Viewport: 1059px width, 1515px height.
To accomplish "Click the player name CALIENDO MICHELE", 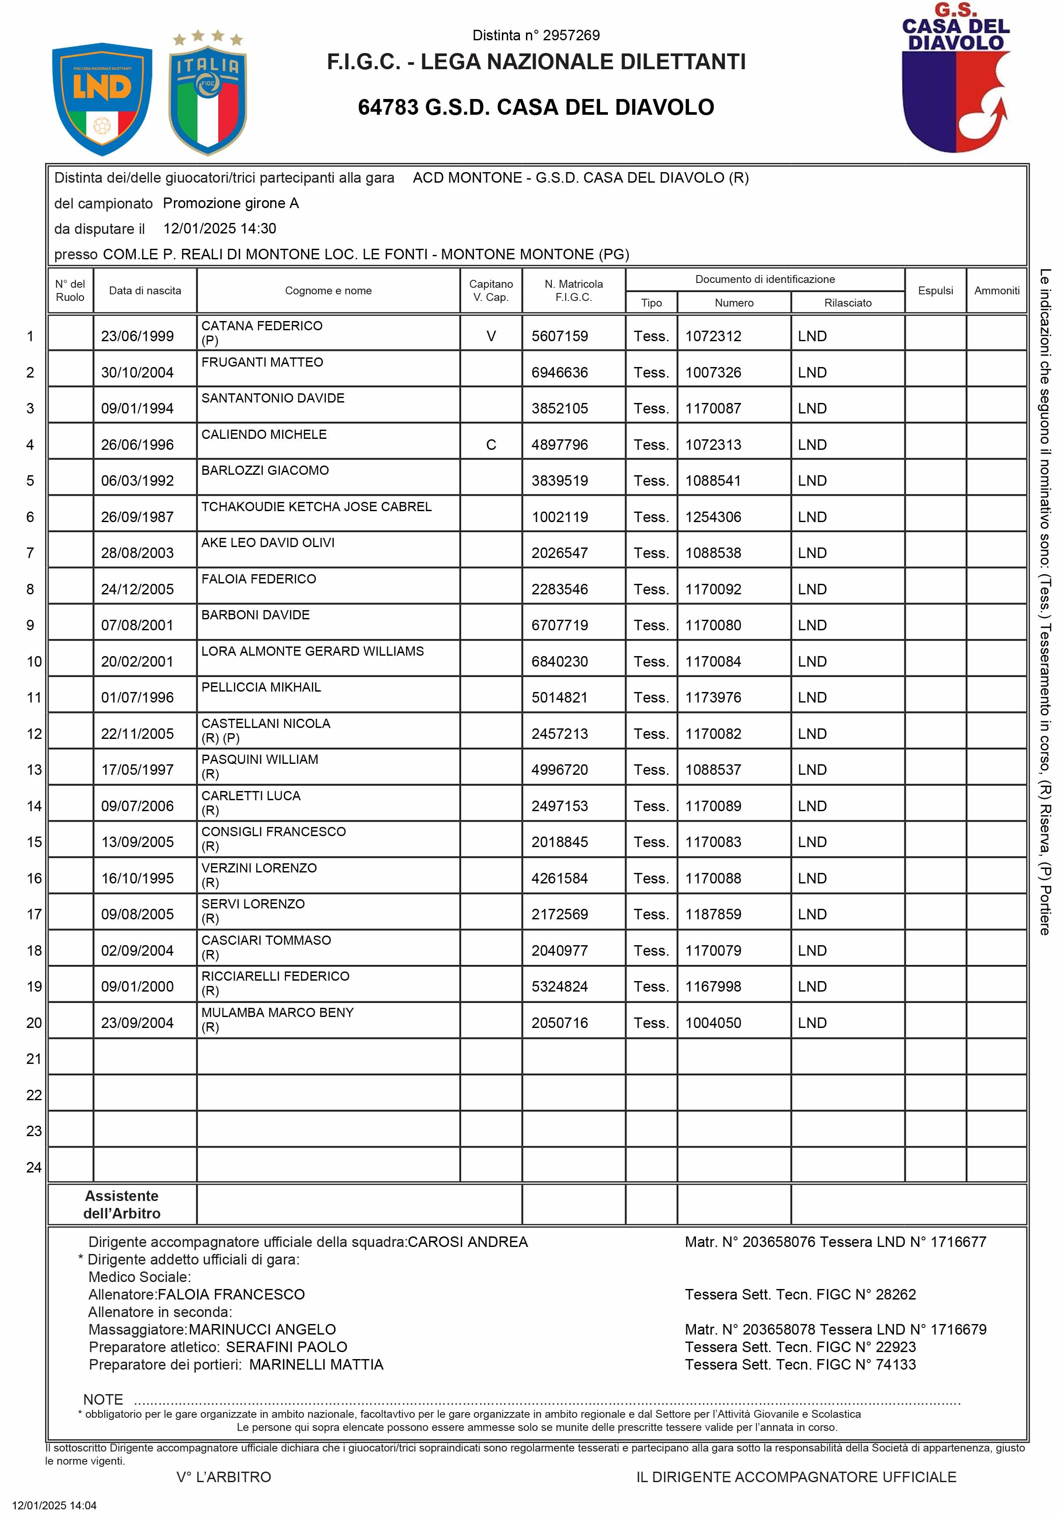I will (264, 434).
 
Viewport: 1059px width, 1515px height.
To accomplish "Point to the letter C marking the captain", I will (491, 445).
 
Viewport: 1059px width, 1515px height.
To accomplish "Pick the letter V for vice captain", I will (491, 336).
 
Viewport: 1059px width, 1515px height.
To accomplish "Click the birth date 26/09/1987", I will (137, 517).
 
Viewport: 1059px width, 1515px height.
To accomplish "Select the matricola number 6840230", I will (560, 662).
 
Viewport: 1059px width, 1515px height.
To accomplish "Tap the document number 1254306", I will (713, 517).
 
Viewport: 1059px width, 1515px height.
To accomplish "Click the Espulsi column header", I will (935, 290).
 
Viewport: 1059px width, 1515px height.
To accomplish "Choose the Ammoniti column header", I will (996, 290).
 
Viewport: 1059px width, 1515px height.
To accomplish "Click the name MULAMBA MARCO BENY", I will (278, 1012).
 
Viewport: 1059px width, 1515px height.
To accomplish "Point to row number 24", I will (34, 1167).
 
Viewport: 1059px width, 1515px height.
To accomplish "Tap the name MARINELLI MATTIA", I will (316, 1365).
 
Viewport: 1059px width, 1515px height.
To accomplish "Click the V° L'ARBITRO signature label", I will (224, 1477).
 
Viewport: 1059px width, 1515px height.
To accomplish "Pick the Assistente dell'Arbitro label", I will (122, 1204).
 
